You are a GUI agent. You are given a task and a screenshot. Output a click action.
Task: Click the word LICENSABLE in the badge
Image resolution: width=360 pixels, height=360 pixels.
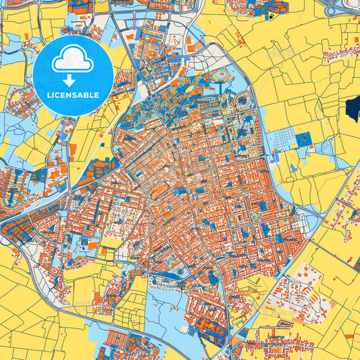(x=73, y=95)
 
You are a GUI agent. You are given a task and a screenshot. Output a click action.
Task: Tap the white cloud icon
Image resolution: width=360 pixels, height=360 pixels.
(x=73, y=61)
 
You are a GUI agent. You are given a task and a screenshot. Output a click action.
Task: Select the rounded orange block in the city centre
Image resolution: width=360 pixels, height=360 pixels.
(x=159, y=192)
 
